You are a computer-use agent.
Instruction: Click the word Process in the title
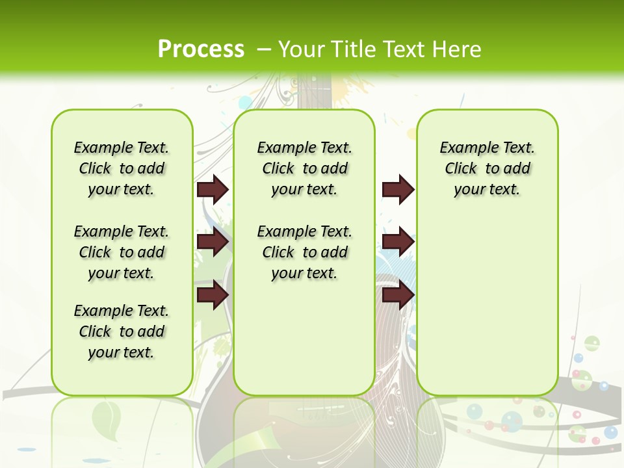click(x=201, y=49)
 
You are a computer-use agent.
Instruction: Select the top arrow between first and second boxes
click(x=212, y=189)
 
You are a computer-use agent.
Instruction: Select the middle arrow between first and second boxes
click(x=212, y=242)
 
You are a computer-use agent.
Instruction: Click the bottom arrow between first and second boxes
click(x=212, y=295)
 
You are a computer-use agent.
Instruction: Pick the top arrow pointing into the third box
click(x=398, y=189)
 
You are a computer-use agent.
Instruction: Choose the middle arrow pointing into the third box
click(x=398, y=242)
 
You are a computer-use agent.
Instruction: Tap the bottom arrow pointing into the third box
click(x=398, y=295)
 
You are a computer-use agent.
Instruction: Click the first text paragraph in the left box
click(x=122, y=168)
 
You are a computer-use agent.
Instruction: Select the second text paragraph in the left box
click(x=122, y=252)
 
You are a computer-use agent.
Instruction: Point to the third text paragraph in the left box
click(x=122, y=331)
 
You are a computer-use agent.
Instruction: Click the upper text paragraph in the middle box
click(x=304, y=168)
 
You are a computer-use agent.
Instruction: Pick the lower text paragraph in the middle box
click(x=304, y=252)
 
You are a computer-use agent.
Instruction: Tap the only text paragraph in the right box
click(x=487, y=168)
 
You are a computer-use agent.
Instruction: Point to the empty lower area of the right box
click(x=487, y=305)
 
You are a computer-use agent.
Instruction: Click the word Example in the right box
click(x=464, y=148)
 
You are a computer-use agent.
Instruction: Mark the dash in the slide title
click(x=264, y=49)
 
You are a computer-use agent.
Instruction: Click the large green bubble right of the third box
click(x=591, y=343)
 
